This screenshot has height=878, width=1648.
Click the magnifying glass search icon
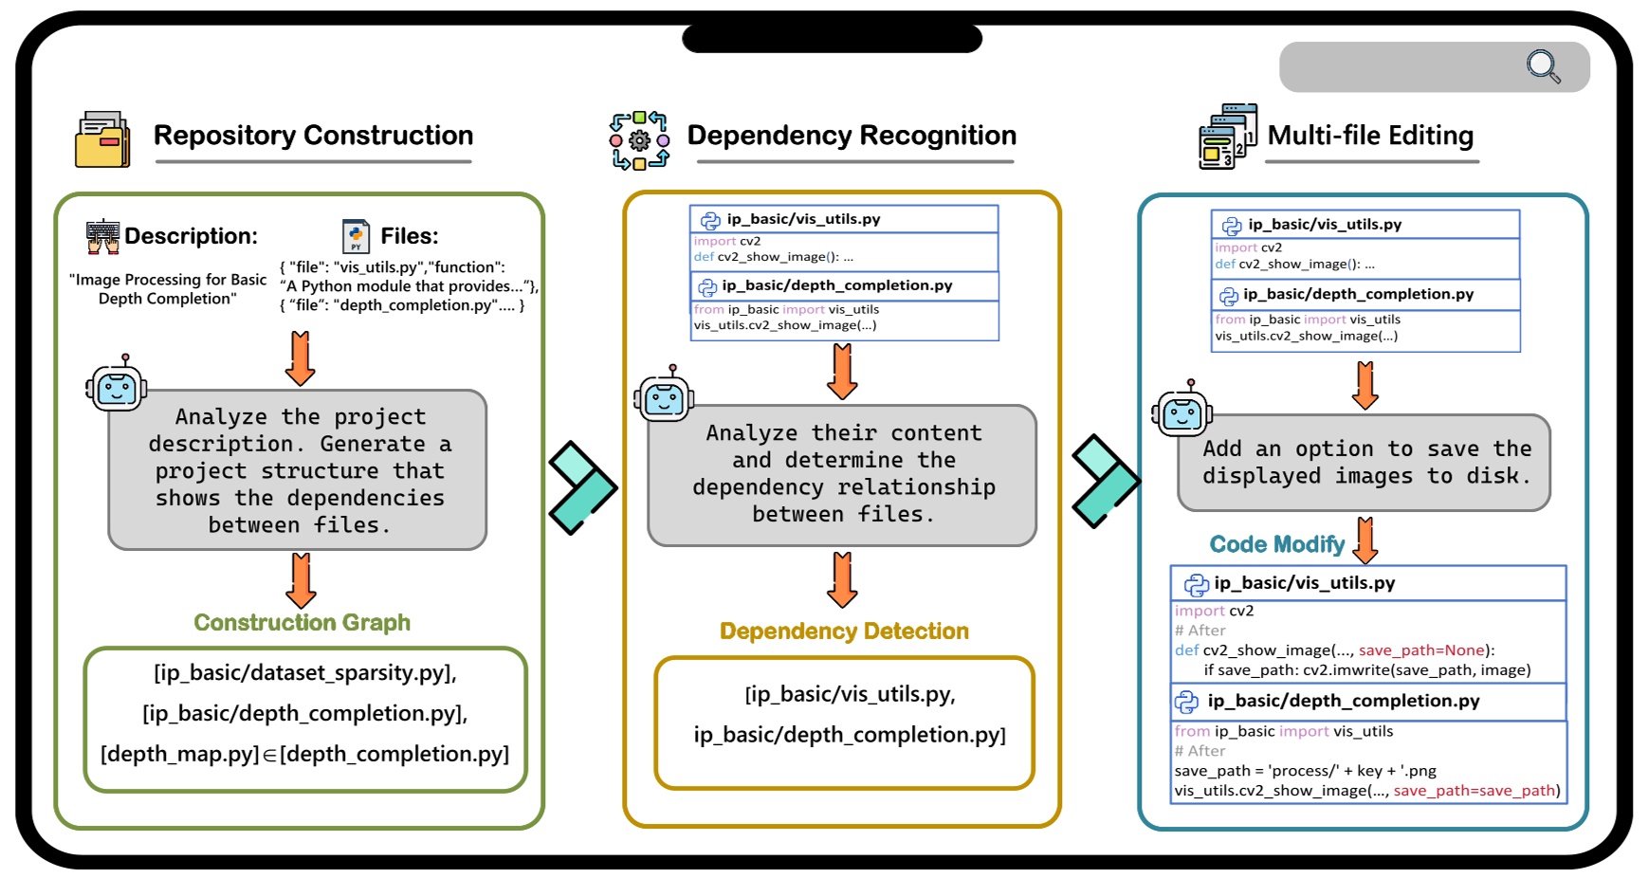coord(1543,66)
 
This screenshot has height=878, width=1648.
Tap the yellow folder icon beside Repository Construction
coord(102,139)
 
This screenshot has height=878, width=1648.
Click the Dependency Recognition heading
coord(851,136)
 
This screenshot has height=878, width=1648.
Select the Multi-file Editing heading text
coord(1369,136)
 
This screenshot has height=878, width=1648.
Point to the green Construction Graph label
coord(302,623)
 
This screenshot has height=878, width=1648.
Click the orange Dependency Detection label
coord(844,631)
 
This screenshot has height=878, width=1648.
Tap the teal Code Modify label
coord(1276,544)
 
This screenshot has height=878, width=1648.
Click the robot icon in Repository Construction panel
coord(117,386)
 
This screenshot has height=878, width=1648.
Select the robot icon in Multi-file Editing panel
coord(1181,411)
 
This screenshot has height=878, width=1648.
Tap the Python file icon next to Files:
coord(356,236)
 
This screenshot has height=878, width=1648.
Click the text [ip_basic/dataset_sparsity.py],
coord(304,673)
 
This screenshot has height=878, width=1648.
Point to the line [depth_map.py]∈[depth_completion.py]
coord(304,754)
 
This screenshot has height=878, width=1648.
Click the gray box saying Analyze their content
coord(842,474)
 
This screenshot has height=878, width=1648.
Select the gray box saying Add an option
coord(1364,463)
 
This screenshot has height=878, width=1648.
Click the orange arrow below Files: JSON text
coord(300,357)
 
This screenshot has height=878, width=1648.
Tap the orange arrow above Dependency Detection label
coord(842,579)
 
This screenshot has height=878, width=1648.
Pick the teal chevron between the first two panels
coord(581,487)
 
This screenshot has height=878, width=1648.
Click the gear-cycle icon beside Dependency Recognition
coord(639,140)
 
